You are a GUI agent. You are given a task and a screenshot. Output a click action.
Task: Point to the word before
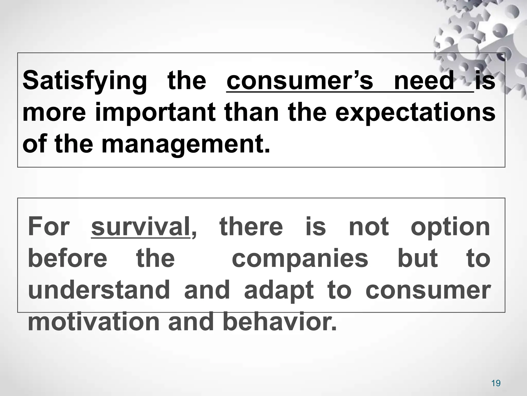[x=67, y=258]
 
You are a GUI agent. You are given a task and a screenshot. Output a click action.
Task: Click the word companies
[x=300, y=259]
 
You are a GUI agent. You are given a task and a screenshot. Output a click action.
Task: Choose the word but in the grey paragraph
[x=417, y=258]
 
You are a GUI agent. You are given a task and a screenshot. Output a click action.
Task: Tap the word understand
[x=99, y=290]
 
